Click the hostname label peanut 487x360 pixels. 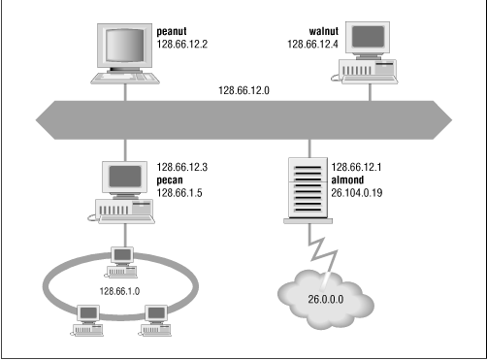[x=178, y=31]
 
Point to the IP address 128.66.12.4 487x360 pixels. [x=316, y=45]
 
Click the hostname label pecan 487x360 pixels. [x=175, y=180]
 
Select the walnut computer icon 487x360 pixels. [x=368, y=53]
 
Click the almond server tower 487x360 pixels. [x=306, y=189]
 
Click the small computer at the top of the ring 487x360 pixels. [x=122, y=258]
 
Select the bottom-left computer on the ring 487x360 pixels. [x=87, y=317]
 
